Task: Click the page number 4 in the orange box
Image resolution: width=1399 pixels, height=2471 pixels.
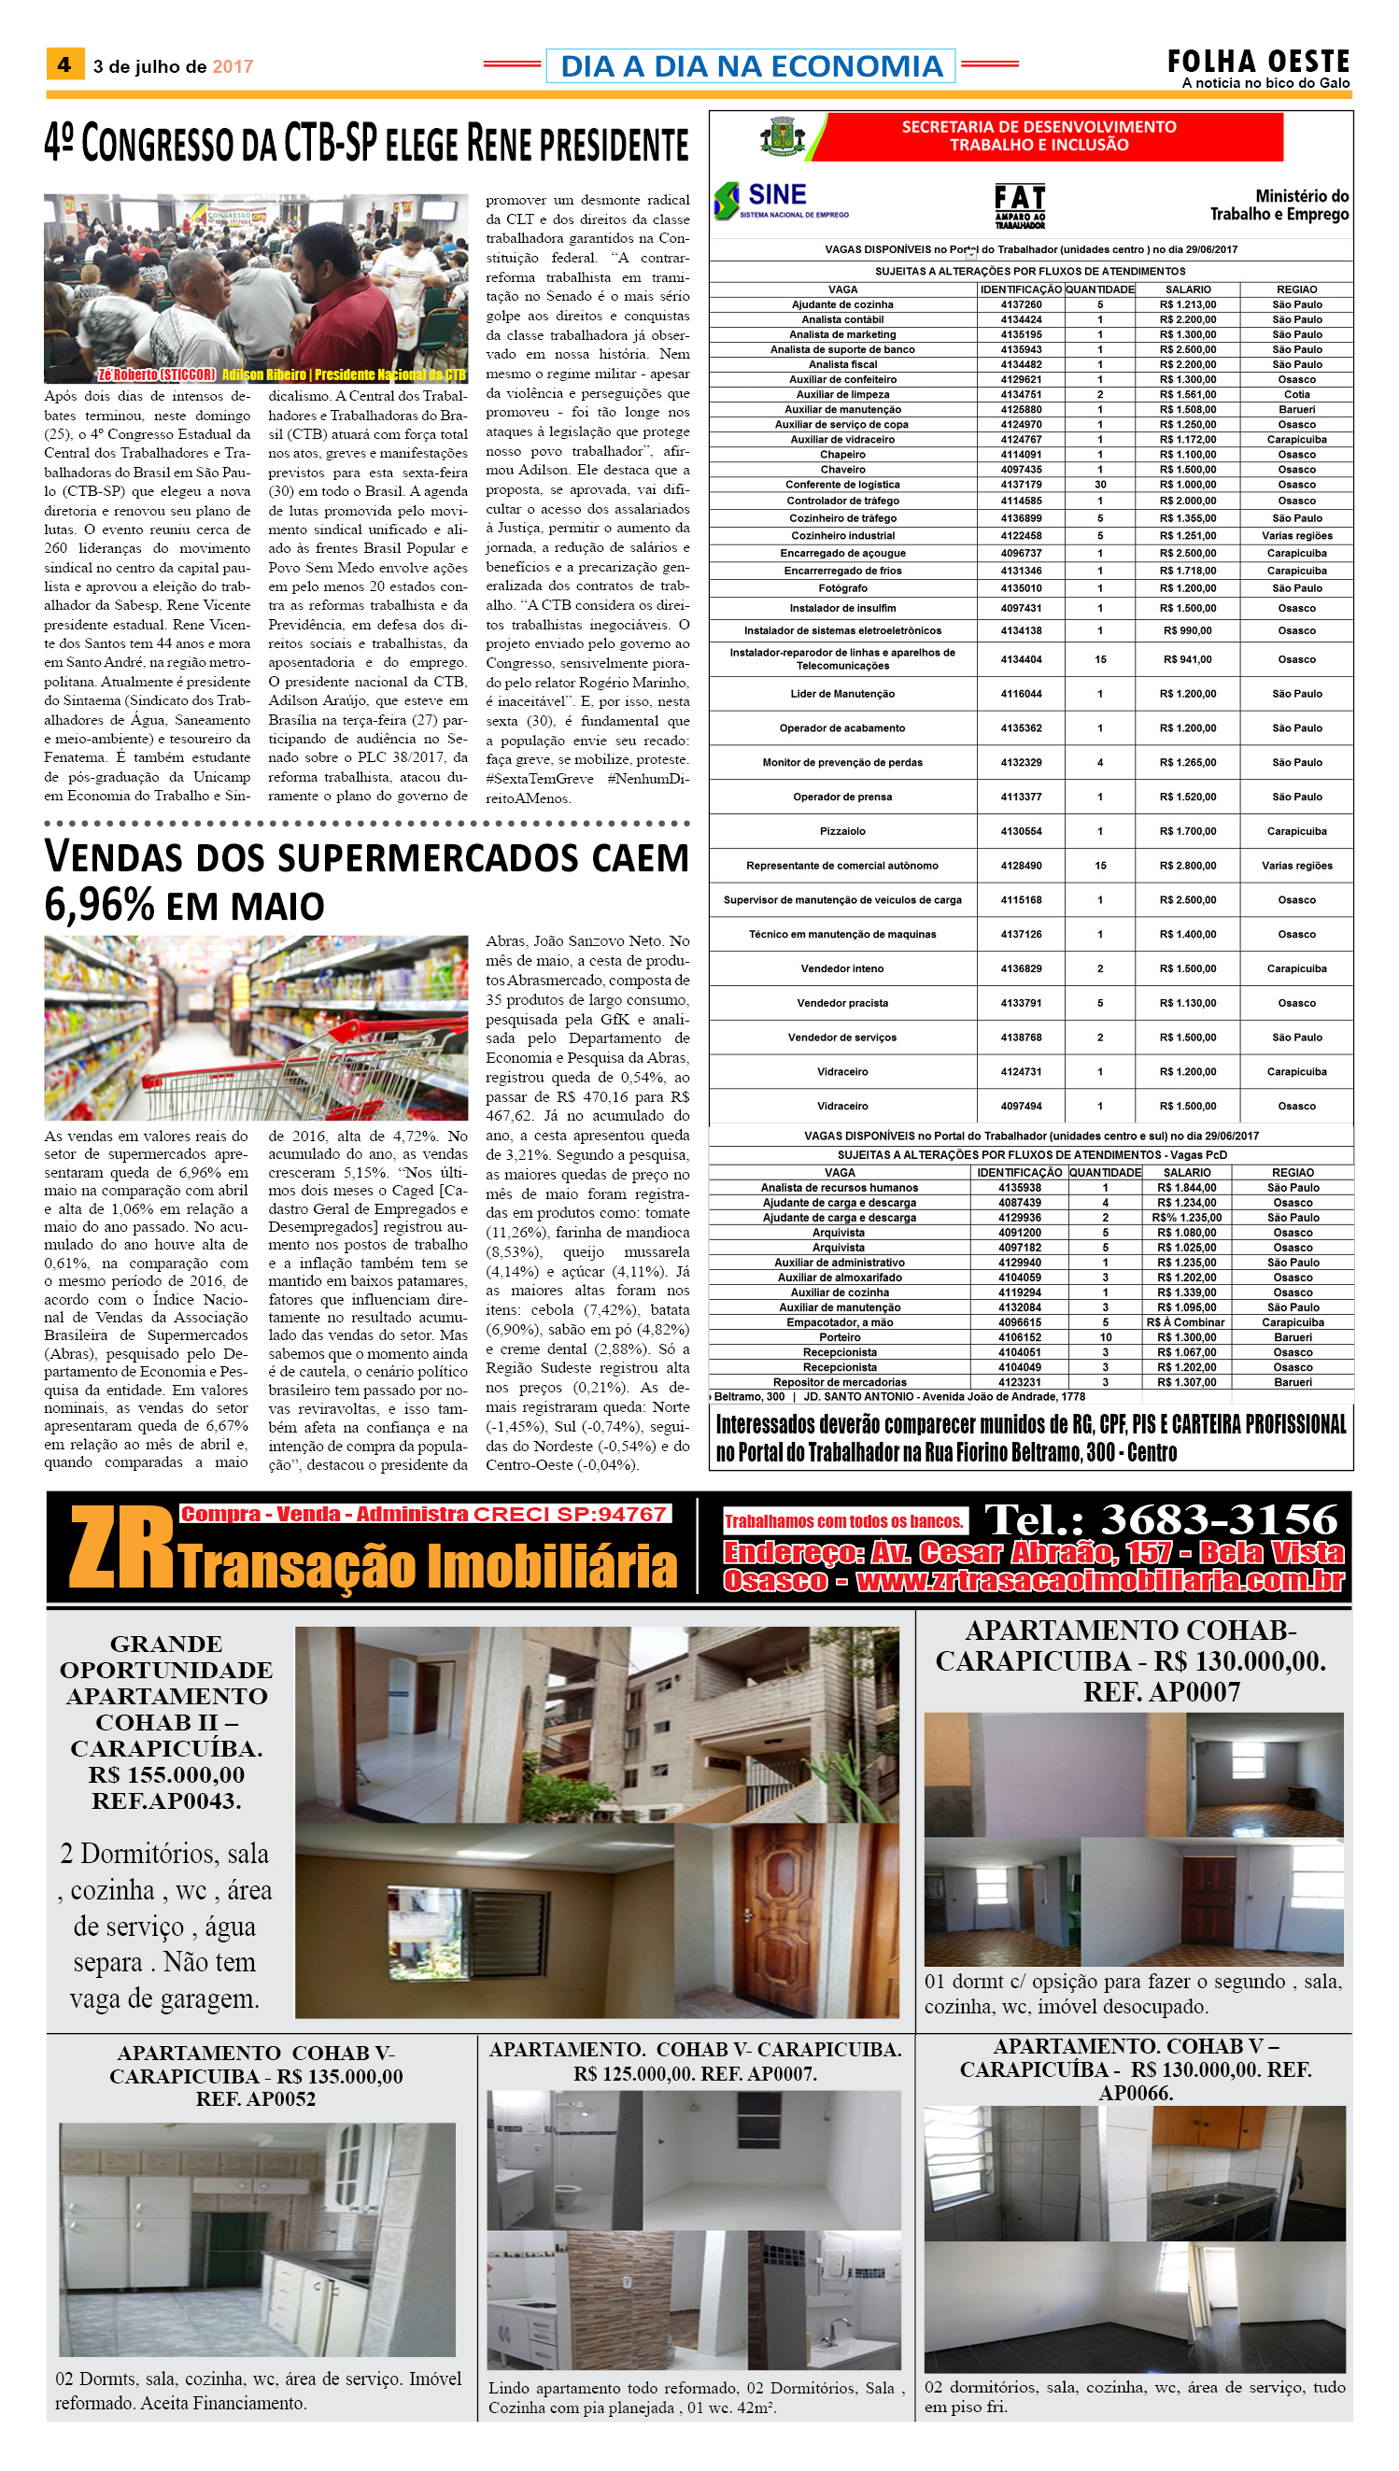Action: (64, 64)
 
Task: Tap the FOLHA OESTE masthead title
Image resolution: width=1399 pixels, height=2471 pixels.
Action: (1258, 62)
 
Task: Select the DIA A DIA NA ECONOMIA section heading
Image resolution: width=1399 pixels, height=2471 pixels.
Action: (751, 66)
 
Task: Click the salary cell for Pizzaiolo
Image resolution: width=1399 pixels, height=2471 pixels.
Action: (1187, 831)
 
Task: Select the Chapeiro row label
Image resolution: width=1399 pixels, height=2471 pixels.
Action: (842, 455)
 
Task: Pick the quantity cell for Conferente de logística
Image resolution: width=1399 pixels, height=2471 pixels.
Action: (1100, 485)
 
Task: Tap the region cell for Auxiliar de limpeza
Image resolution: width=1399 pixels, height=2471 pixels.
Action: (1296, 394)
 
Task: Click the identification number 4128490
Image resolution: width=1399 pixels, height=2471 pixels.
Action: (1021, 866)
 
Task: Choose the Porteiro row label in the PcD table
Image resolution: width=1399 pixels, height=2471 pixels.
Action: (840, 1337)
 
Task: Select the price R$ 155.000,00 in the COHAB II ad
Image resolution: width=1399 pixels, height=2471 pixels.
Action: (166, 1774)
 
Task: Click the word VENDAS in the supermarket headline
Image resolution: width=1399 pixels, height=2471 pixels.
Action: (111, 857)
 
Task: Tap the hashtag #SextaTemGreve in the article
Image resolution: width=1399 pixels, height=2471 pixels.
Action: (539, 778)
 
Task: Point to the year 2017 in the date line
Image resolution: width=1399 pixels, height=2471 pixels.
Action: (233, 66)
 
